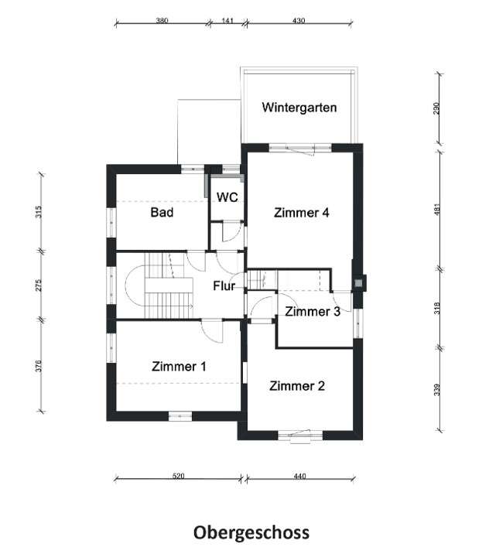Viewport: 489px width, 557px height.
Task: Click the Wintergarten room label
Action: (x=299, y=108)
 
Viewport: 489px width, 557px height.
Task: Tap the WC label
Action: (x=227, y=197)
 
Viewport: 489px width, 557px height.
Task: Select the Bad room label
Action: (x=162, y=212)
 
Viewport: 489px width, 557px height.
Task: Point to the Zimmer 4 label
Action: (x=302, y=214)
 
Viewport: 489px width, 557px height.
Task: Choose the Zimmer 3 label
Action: (x=313, y=312)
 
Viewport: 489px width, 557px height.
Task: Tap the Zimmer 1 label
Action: (x=179, y=366)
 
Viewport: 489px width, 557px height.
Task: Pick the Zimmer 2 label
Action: (x=297, y=385)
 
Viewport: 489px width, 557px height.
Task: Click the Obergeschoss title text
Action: (x=251, y=532)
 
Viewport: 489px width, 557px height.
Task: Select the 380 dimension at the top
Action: (x=162, y=22)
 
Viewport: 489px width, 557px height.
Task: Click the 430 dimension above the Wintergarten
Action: (x=299, y=22)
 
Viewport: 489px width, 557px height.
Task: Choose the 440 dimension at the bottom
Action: (x=299, y=477)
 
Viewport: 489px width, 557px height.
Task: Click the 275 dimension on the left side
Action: (x=37, y=285)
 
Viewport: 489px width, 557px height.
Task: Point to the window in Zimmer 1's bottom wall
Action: (x=180, y=415)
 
